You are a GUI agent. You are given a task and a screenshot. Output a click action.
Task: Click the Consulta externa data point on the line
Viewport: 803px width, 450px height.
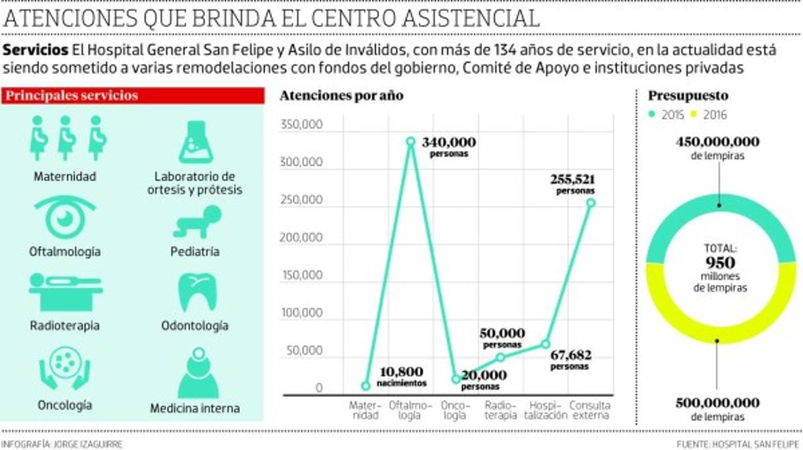click(591, 202)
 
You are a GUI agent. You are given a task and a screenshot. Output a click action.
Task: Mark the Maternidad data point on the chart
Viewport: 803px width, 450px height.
click(365, 386)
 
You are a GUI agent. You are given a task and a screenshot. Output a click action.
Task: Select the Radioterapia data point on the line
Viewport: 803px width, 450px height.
click(501, 357)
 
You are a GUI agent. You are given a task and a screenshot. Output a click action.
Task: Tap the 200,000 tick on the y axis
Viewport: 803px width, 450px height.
click(304, 238)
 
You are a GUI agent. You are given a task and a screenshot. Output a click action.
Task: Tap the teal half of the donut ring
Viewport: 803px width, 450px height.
click(719, 217)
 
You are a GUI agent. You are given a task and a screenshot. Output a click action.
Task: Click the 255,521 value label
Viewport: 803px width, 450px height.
click(572, 179)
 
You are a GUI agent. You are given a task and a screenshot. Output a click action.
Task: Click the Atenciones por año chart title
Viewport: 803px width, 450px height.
click(341, 95)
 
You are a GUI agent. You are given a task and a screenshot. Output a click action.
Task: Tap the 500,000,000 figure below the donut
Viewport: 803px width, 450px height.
click(718, 403)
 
